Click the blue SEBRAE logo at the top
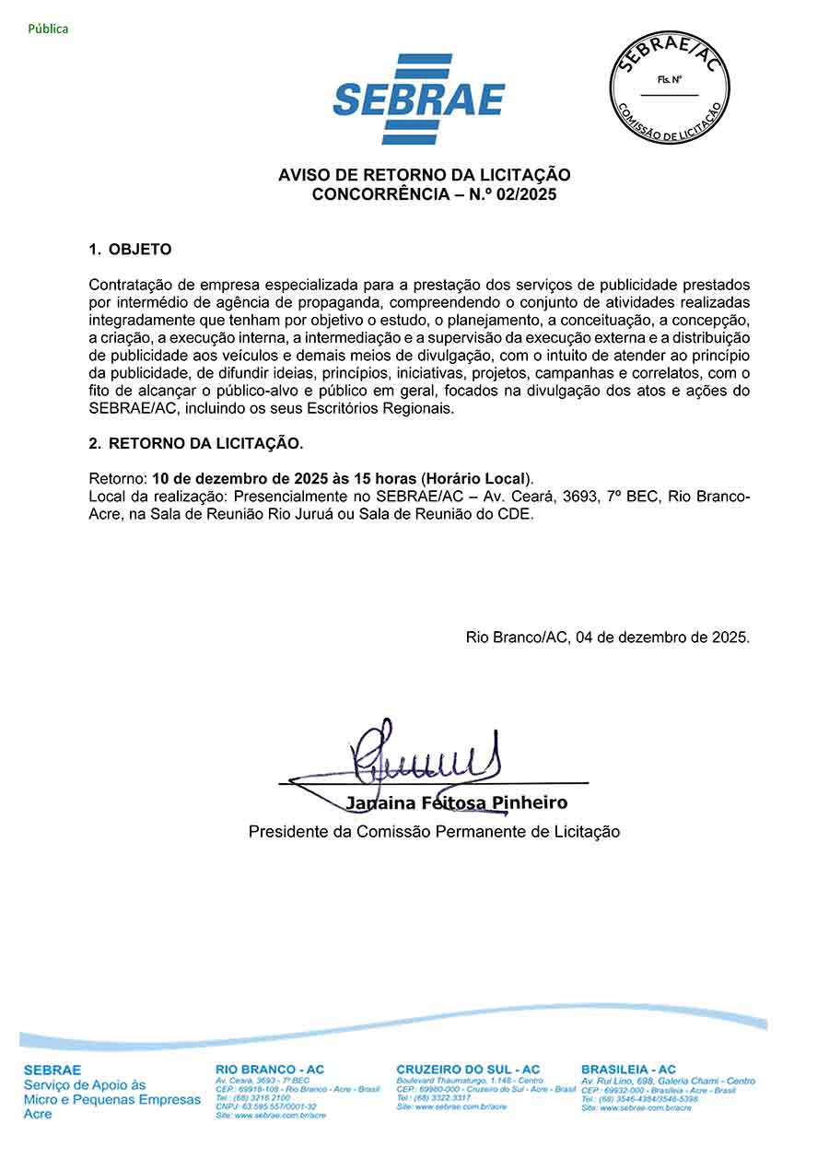(x=419, y=99)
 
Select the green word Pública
(x=48, y=29)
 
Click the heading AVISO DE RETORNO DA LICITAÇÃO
(x=425, y=175)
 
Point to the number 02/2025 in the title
(x=527, y=194)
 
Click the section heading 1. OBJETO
(x=130, y=250)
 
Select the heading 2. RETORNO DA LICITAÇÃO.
(x=195, y=443)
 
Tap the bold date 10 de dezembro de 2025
(x=249, y=479)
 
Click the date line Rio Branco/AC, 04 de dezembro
(x=607, y=637)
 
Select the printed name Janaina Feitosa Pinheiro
(x=456, y=803)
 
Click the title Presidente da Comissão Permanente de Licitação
(x=434, y=832)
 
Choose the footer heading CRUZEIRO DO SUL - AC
(x=468, y=1070)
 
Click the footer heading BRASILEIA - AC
(x=628, y=1070)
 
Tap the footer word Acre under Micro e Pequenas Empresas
(x=38, y=1114)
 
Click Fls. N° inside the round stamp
(x=670, y=80)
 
